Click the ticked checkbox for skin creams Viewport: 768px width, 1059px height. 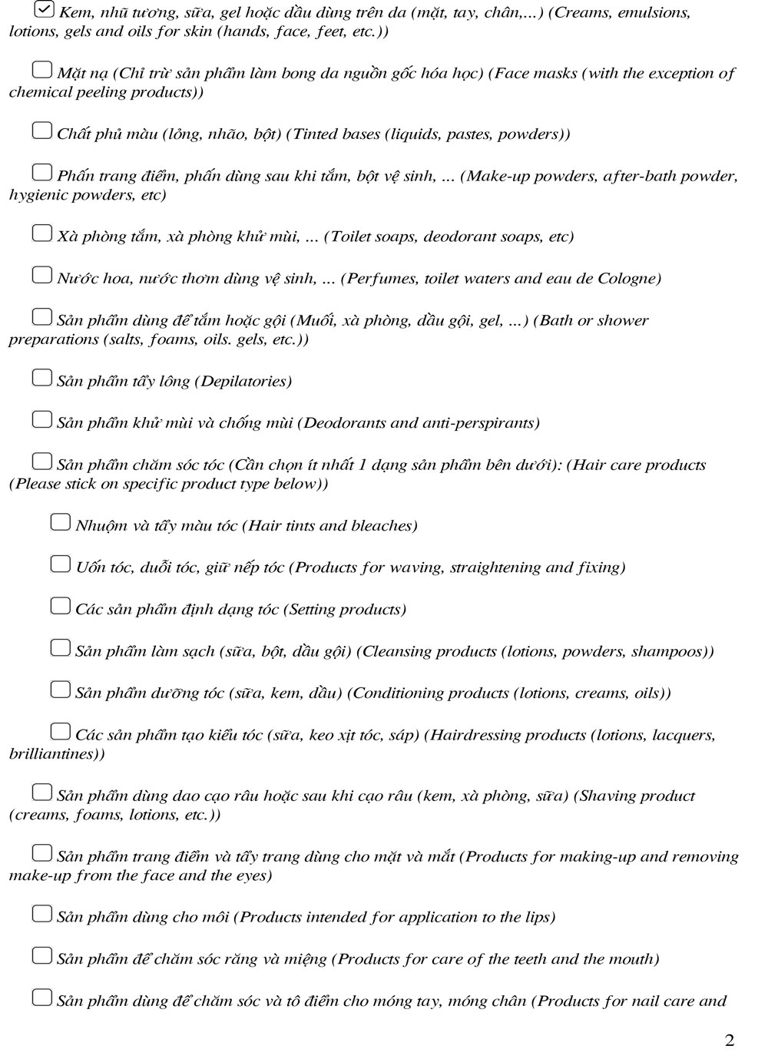[45, 10]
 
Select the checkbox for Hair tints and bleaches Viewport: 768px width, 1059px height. [61, 523]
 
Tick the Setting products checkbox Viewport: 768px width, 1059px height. [61, 607]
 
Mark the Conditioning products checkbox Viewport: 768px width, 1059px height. [61, 690]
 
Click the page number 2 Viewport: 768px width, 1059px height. [729, 1041]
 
